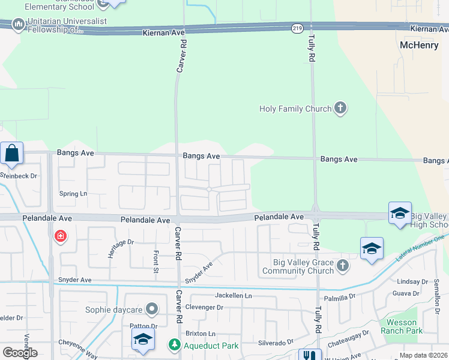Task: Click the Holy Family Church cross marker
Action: point(340,109)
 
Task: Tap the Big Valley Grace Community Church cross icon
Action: point(342,265)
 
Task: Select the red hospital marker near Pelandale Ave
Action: point(60,236)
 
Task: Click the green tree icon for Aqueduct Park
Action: point(174,345)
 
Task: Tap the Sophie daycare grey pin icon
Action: point(152,310)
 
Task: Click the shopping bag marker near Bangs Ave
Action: point(12,154)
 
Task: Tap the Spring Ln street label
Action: point(73,194)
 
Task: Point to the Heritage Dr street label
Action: point(121,248)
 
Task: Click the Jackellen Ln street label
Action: point(234,296)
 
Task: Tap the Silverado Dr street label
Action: point(276,342)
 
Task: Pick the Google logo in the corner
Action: point(20,353)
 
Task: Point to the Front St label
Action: point(155,262)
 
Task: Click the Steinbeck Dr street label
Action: point(18,176)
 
